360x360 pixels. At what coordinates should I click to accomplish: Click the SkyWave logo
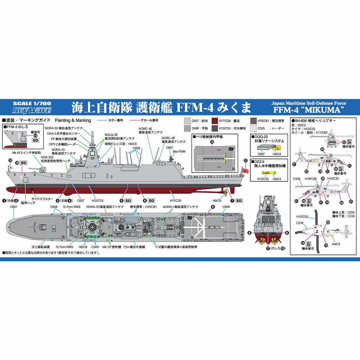point(32,110)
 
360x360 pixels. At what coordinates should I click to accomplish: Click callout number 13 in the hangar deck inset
point(212,142)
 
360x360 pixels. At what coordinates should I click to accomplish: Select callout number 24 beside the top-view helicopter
point(303,243)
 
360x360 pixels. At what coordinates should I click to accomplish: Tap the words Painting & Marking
point(73,120)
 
